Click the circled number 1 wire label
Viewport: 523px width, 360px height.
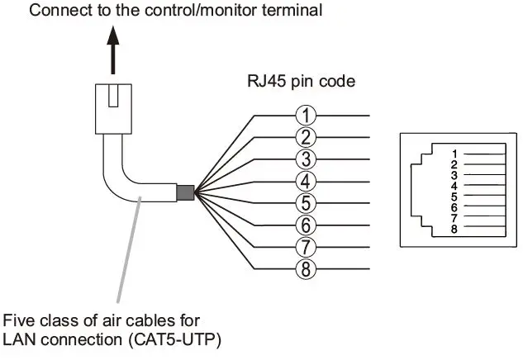(x=306, y=116)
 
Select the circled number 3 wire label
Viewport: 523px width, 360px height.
(x=306, y=159)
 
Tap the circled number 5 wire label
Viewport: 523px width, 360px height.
(x=306, y=203)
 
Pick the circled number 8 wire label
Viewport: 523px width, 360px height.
(x=306, y=268)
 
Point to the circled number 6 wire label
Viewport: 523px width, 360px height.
(x=306, y=225)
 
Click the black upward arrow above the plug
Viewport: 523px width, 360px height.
(x=113, y=50)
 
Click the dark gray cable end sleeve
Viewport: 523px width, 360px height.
(x=185, y=192)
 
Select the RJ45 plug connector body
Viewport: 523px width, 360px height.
(x=113, y=109)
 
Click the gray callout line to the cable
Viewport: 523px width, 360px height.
(x=129, y=249)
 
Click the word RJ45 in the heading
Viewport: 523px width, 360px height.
(x=266, y=82)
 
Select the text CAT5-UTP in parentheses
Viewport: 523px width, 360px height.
(x=174, y=340)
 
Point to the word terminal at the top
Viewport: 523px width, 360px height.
(x=292, y=10)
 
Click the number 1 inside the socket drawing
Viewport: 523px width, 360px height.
(x=454, y=154)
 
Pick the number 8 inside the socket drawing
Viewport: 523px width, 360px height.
(x=454, y=229)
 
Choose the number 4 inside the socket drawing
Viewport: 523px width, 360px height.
(x=454, y=186)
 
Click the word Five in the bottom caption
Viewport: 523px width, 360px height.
(x=19, y=320)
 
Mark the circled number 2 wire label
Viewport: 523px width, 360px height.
(x=306, y=137)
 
